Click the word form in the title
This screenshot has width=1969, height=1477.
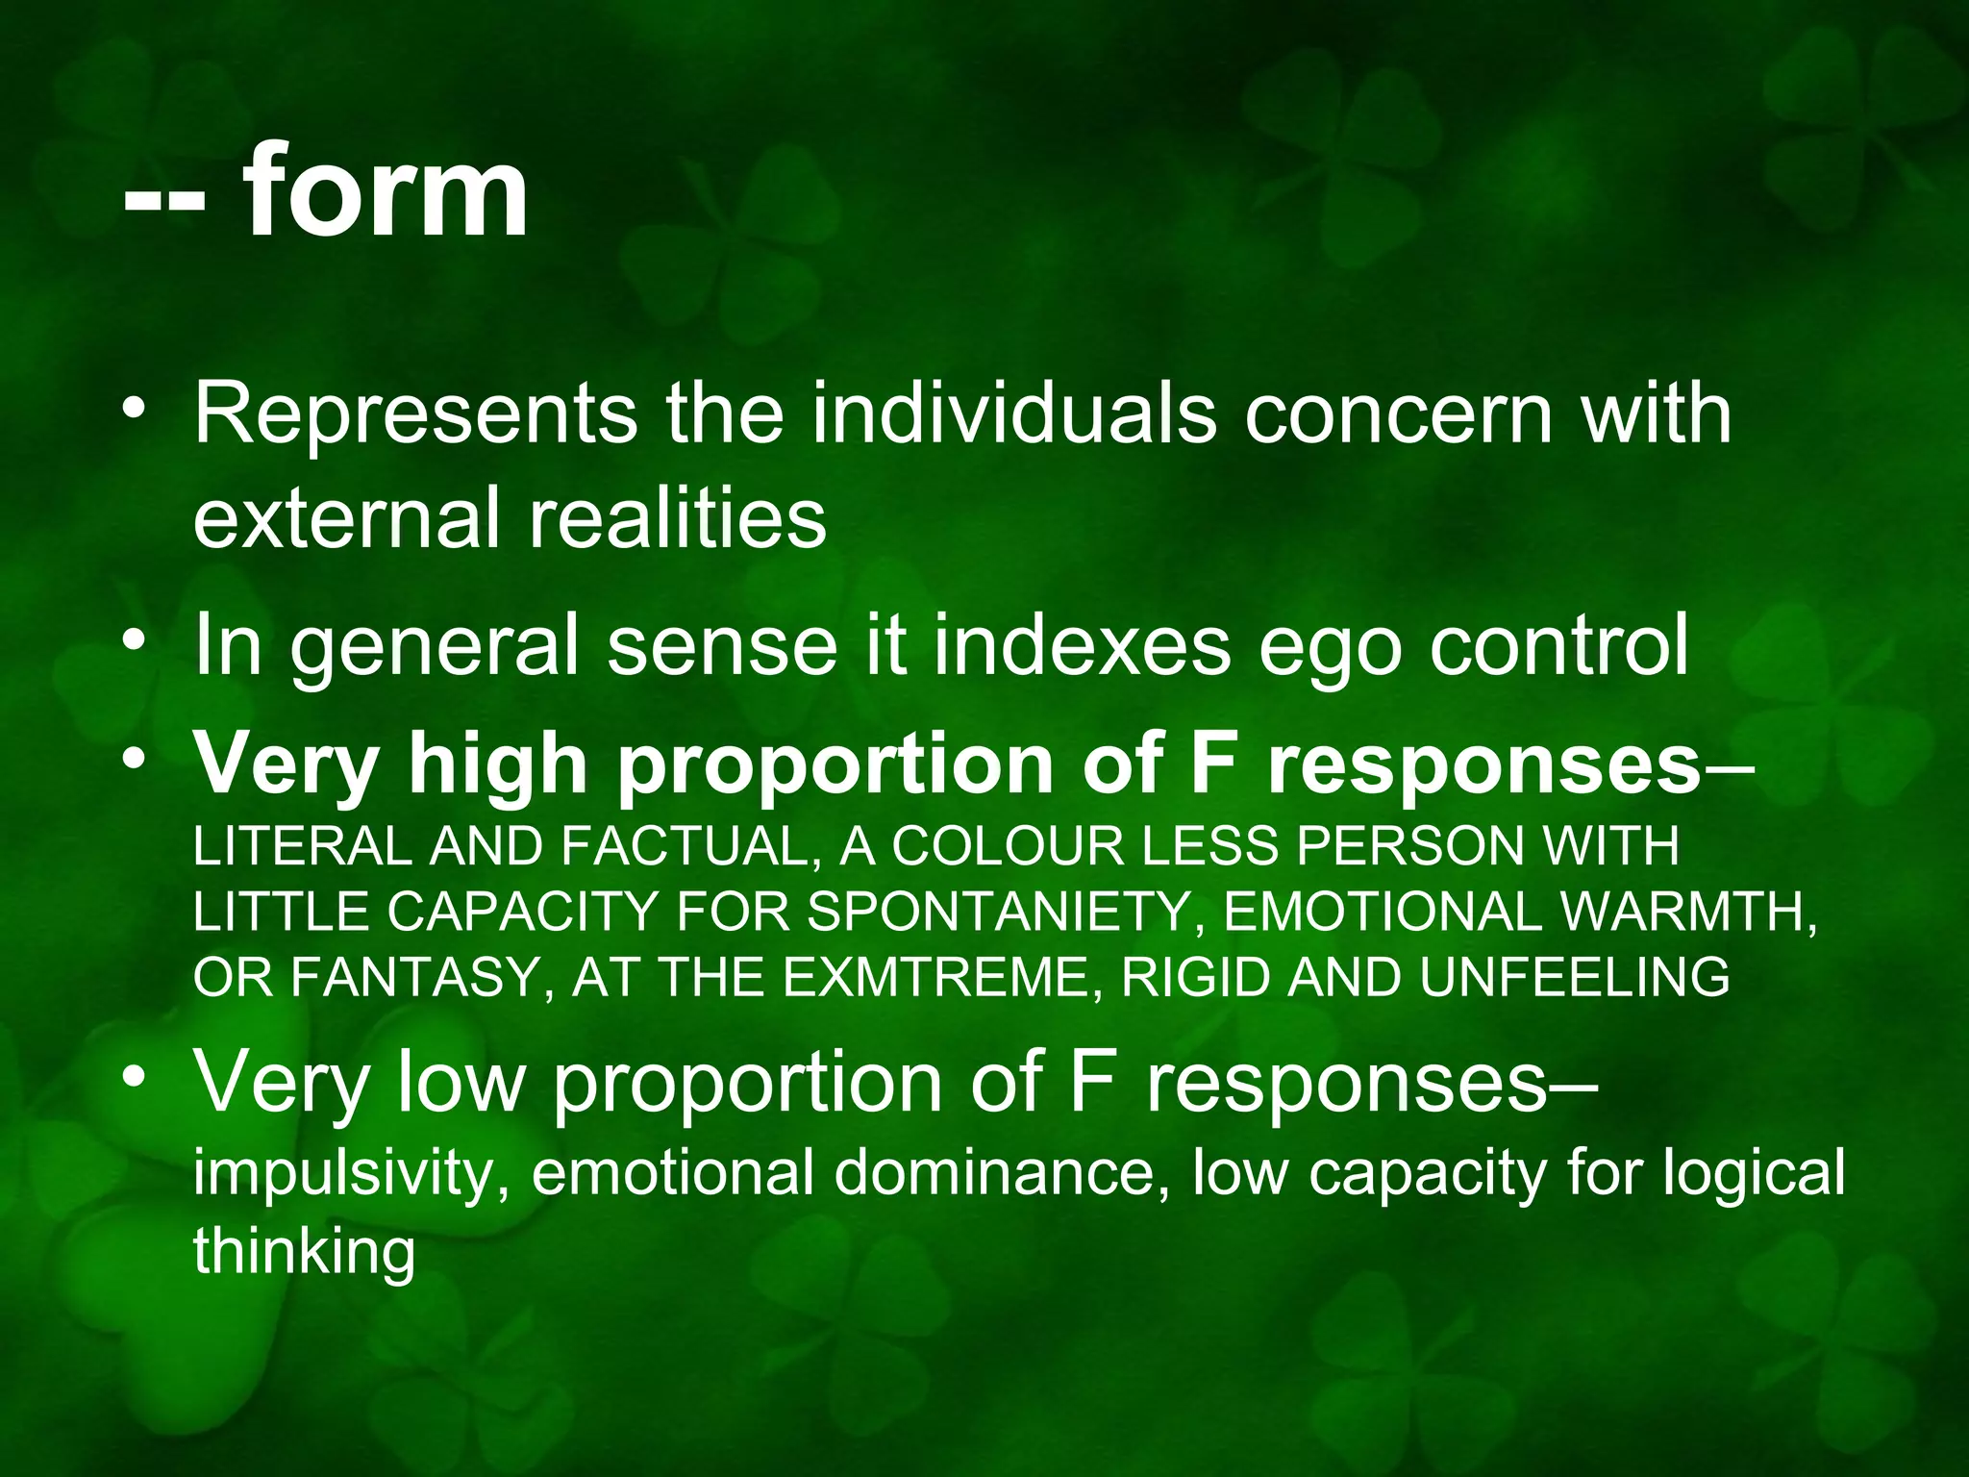click(385, 192)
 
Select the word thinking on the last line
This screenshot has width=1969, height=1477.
click(304, 1253)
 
